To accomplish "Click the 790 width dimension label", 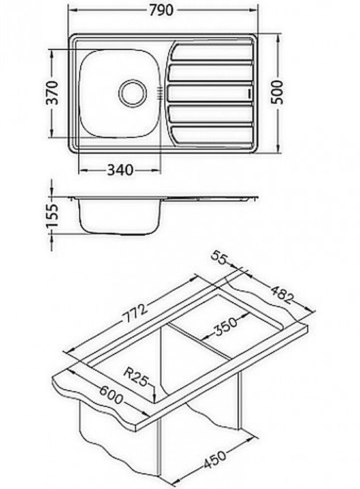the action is click(161, 10).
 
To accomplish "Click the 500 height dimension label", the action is click(277, 92).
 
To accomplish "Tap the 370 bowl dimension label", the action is click(52, 93).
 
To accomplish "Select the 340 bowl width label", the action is click(121, 170).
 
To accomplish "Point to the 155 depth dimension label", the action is click(52, 216).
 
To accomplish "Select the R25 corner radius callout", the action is click(136, 377).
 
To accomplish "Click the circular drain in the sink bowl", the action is click(132, 93).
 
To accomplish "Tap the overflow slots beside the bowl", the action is click(159, 93).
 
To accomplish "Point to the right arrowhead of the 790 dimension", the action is click(254, 10).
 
